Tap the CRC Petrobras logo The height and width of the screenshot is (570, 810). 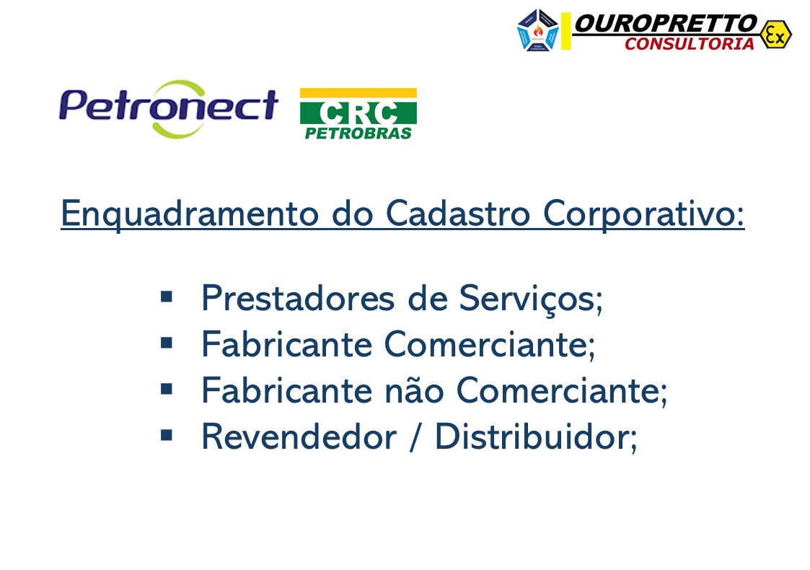point(358,113)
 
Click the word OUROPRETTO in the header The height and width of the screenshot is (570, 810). point(664,24)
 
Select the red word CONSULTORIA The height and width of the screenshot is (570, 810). point(689,44)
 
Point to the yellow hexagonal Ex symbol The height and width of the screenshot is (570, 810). point(775,34)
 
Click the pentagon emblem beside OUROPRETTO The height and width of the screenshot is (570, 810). point(538,30)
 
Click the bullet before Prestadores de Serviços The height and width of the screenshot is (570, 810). point(167,296)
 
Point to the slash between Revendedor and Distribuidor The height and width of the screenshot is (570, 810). point(414,437)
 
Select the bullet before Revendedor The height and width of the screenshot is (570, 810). point(167,434)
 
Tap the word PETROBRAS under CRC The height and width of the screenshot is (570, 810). point(358,133)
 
